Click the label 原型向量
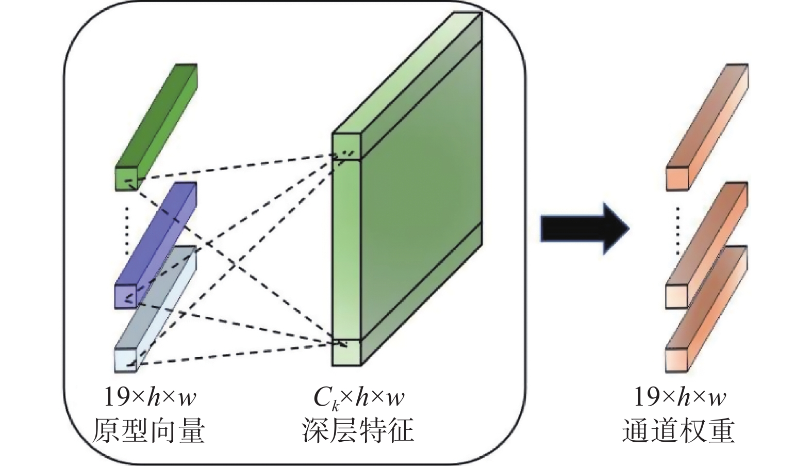pos(148,431)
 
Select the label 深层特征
pos(357,431)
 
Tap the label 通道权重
pos(679,431)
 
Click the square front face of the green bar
pos(126,179)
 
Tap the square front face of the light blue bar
pos(125,360)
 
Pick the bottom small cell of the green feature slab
pos(345,353)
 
